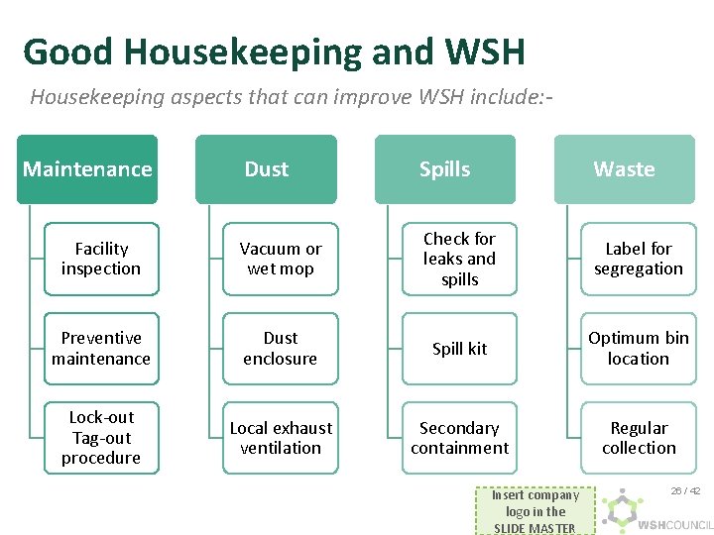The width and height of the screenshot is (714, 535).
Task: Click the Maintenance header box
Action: click(87, 169)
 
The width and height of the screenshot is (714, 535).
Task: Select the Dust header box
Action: click(266, 169)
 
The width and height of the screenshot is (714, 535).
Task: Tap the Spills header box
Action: click(444, 169)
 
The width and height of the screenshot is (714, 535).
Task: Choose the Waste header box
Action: click(624, 169)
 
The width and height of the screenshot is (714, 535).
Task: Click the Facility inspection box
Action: click(101, 259)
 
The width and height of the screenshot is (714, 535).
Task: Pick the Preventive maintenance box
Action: click(101, 349)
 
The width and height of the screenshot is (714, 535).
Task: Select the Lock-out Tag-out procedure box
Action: click(101, 438)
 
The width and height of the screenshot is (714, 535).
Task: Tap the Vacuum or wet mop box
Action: click(281, 259)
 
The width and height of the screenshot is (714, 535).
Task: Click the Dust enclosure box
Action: click(281, 349)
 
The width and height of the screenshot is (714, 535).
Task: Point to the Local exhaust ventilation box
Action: click(281, 438)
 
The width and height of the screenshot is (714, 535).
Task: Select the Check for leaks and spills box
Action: click(459, 259)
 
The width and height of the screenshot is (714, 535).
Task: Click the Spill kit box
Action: click(459, 349)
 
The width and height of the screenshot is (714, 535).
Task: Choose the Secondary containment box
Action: click(459, 438)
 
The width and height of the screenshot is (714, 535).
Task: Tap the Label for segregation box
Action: click(639, 259)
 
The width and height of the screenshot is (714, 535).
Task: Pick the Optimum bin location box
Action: click(639, 349)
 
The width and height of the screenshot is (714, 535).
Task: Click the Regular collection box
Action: click(639, 438)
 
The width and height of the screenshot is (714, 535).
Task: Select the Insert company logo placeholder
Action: click(535, 511)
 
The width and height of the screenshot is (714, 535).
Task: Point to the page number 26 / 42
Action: click(685, 491)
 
